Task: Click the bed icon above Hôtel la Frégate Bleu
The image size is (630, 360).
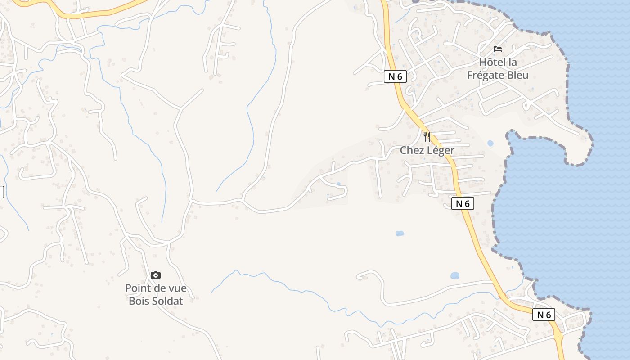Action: click(498, 49)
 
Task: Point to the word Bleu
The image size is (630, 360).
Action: click(518, 75)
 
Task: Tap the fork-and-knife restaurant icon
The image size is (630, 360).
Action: click(427, 136)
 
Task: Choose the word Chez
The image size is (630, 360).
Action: click(412, 150)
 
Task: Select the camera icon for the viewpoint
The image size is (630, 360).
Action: click(156, 275)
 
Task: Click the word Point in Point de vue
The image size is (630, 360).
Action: click(137, 288)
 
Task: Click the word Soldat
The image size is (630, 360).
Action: click(168, 301)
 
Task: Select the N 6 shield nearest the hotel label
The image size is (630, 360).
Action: click(395, 76)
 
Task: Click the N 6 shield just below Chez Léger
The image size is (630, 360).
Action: click(463, 203)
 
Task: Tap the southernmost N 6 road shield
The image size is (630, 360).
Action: click(544, 315)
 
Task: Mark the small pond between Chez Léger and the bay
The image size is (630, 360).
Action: click(490, 144)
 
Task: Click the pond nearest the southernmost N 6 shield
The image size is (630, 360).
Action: click(455, 275)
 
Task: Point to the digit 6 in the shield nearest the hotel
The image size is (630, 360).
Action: click(399, 76)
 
